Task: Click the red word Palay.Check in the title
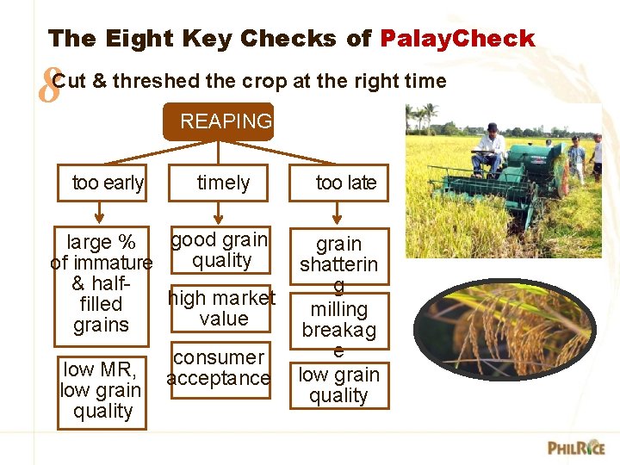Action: click(x=457, y=39)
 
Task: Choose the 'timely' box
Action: click(x=222, y=183)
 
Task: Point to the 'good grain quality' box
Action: click(x=221, y=250)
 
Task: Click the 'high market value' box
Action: click(x=222, y=308)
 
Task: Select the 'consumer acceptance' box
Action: click(x=219, y=368)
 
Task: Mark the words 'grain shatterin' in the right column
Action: click(x=338, y=254)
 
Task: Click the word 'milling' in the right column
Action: click(x=338, y=309)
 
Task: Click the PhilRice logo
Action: click(x=576, y=448)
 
